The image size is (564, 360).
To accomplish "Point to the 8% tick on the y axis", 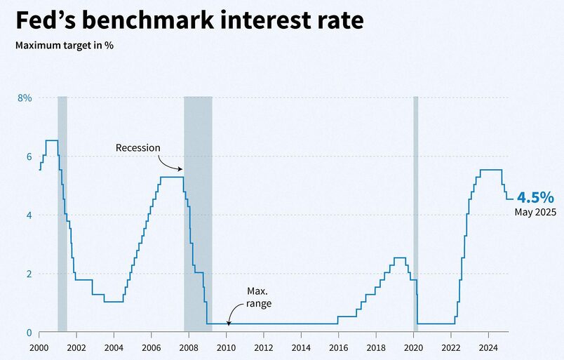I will [x=25, y=98].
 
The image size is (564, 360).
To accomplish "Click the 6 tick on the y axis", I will [x=29, y=156].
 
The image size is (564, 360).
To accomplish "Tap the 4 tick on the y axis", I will [x=29, y=215].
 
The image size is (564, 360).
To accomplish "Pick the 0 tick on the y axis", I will [x=29, y=333].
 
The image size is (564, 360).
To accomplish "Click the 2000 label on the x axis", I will [x=39, y=347].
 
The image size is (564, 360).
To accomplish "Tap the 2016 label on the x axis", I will [x=338, y=347].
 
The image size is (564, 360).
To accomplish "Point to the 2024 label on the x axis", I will [x=488, y=347].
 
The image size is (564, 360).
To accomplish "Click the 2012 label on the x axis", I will [x=264, y=347].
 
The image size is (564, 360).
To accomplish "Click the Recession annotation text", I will [x=138, y=147].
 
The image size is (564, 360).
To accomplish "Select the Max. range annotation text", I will [x=257, y=297].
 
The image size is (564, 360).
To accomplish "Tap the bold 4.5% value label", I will [x=537, y=197].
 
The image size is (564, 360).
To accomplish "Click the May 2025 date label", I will [x=535, y=212].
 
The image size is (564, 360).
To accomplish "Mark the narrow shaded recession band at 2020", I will [x=415, y=211].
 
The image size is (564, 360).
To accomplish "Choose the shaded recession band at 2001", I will [x=62, y=211].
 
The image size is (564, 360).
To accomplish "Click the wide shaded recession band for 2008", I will [x=198, y=211].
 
